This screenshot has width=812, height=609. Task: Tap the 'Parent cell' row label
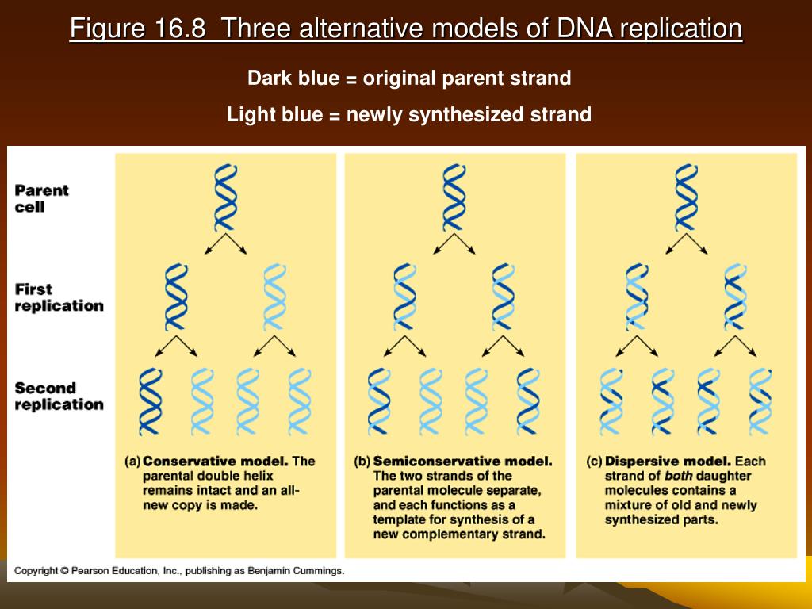[41, 198]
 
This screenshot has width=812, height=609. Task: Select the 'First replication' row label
[59, 297]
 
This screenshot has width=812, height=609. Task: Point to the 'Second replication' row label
[59, 396]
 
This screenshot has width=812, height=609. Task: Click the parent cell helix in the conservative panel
[226, 197]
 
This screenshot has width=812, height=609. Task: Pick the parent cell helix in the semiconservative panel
[454, 197]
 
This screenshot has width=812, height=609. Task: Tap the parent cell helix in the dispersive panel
[686, 197]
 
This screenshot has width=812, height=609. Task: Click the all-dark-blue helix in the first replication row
[176, 297]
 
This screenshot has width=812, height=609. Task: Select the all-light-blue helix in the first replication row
[274, 297]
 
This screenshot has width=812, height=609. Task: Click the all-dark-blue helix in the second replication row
[151, 401]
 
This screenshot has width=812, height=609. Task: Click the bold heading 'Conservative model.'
[216, 461]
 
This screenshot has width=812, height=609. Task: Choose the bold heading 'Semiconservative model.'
[462, 461]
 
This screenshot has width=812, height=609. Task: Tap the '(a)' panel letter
[132, 462]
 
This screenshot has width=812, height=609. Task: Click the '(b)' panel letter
[362, 462]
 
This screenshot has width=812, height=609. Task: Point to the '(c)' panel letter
[595, 462]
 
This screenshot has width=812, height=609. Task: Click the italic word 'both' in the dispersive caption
[679, 476]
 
